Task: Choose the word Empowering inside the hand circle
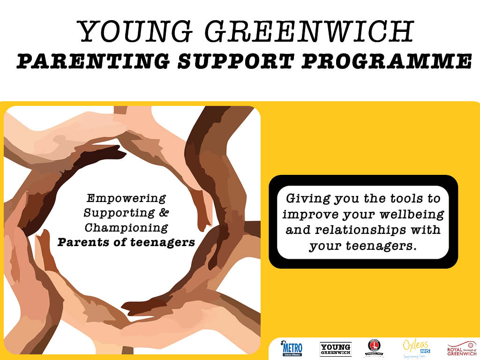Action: point(126,198)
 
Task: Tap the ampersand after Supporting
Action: point(164,213)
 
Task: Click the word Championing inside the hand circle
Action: point(126,228)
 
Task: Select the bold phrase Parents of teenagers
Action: point(126,243)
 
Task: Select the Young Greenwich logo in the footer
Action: point(335,349)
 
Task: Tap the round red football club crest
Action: point(374,347)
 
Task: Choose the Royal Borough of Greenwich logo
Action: point(461,349)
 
